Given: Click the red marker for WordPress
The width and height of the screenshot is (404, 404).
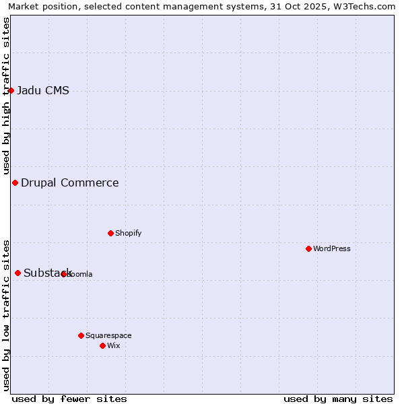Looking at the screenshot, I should coord(308,248).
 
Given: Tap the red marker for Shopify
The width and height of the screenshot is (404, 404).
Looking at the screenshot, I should coord(110,233).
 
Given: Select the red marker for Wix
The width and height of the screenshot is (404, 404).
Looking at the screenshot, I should coord(102,345).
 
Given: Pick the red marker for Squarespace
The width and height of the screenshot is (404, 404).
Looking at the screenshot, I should coord(81,335).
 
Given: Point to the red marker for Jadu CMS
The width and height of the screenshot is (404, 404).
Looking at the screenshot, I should coord(11,90).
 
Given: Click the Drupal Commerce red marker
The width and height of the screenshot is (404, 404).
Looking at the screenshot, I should coord(15,182).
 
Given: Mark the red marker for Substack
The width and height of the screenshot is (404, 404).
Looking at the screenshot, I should coord(18,273).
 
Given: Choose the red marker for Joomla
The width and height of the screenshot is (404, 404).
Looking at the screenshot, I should coord(64,274).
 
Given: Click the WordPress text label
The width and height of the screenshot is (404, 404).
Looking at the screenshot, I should coord(332,248).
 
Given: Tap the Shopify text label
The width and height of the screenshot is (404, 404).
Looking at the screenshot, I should coord(128,233).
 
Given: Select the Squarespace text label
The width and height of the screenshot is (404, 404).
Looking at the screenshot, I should coord(108,335).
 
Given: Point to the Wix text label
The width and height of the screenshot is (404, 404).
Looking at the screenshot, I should coord(114,345).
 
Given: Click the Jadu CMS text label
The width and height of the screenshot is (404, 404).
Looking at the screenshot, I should coord(43,91).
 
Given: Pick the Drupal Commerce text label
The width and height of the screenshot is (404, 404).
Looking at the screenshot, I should coord(70,182).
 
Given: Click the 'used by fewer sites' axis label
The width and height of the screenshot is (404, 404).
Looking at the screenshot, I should coord(69,399).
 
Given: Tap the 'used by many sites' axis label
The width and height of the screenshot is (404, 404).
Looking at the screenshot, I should coord(338,399).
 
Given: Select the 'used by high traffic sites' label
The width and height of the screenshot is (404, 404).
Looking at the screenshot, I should coord(6,96).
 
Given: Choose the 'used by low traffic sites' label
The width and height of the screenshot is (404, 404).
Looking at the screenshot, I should coord(6,314).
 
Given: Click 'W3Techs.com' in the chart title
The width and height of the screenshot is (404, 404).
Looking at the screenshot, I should coord(366,6).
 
